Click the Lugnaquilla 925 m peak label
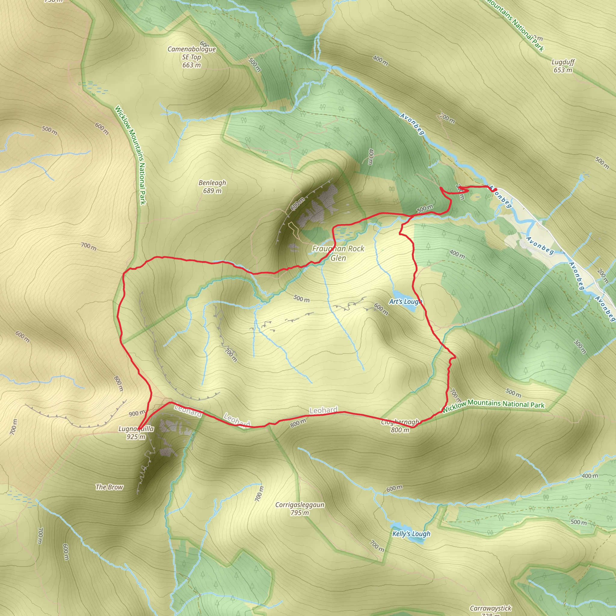coord(136,433)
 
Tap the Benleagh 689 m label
coord(212,186)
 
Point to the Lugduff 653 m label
coord(563,66)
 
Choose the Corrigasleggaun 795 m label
coord(300,509)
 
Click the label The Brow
coord(109,487)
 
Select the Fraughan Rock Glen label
coord(338,253)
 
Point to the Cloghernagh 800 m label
coord(400,426)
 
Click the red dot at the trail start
coord(495,190)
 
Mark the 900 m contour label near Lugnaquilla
coord(137,414)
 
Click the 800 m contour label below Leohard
coord(298,423)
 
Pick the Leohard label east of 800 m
coord(323,410)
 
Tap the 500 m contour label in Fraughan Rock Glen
coord(301,299)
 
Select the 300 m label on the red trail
coord(425,208)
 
